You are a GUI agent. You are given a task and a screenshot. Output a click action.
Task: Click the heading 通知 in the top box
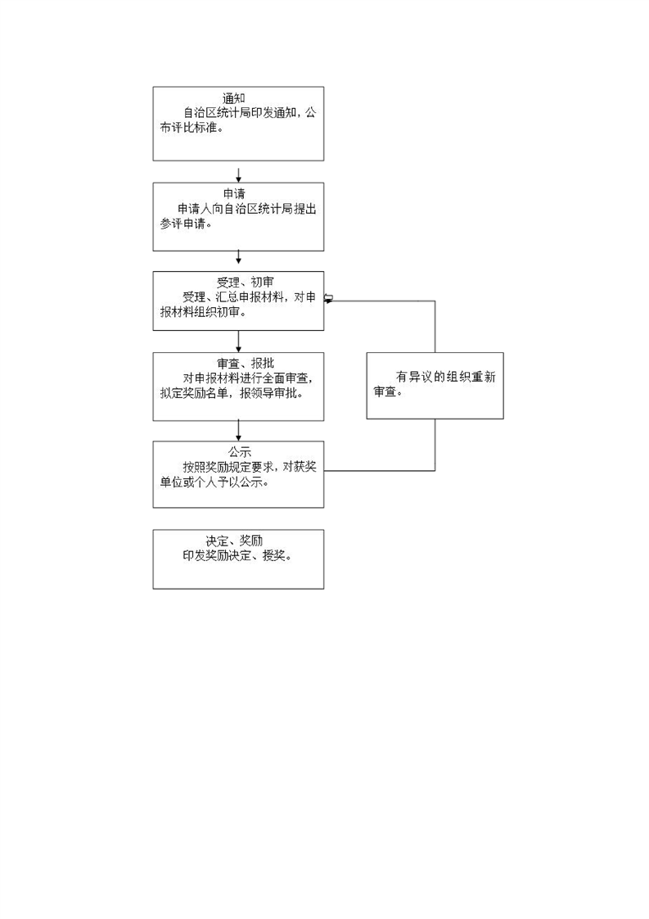tap(234, 98)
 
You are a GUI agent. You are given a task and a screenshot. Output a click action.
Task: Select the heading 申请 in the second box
tap(234, 194)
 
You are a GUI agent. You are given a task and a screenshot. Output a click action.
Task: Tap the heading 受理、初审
tap(245, 283)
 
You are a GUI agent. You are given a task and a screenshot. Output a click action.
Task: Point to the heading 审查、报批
tap(246, 364)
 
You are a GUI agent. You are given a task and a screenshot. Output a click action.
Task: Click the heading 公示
tap(240, 452)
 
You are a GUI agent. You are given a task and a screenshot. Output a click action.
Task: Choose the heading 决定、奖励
tap(234, 541)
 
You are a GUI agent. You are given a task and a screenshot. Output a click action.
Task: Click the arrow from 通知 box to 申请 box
tap(238, 175)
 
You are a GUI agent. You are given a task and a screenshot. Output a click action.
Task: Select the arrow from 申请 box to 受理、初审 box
tap(238, 256)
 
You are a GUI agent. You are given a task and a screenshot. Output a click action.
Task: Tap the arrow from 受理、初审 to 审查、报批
tap(238, 342)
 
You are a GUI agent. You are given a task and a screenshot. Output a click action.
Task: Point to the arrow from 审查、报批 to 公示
tap(238, 431)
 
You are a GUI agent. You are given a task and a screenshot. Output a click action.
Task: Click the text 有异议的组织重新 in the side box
tap(446, 377)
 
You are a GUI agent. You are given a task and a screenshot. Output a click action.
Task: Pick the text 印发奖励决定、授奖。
tap(237, 555)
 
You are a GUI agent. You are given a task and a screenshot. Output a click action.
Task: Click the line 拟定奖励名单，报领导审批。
tap(232, 393)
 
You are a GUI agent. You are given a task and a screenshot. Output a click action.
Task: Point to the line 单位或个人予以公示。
tap(214, 482)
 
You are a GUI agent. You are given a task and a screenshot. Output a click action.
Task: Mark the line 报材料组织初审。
tap(203, 312)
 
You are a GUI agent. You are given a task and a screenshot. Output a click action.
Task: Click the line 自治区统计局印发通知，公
tap(250, 112)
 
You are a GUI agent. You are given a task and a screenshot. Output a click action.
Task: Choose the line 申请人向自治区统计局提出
tap(247, 209)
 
